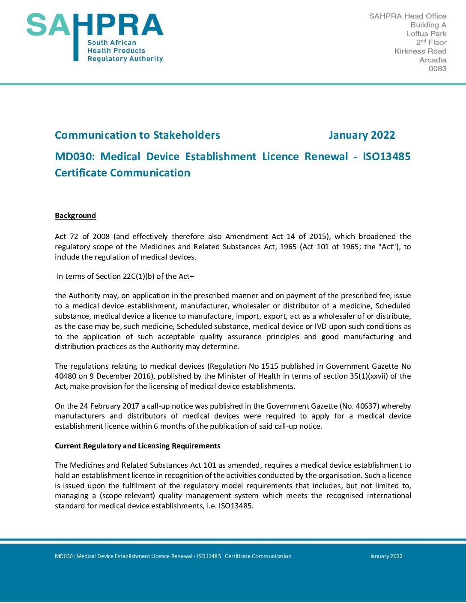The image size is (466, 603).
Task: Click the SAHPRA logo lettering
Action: [x=95, y=26]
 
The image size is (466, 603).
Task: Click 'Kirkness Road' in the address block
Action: [x=420, y=51]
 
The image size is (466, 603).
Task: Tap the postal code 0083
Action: [x=437, y=69]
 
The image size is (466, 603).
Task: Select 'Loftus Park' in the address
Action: [x=426, y=34]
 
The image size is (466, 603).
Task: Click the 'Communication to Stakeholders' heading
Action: [x=137, y=135]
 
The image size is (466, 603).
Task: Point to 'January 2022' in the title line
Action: [x=361, y=135]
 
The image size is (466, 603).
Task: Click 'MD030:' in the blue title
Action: [x=75, y=157]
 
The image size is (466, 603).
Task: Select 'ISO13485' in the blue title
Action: [x=386, y=157]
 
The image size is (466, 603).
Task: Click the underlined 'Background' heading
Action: [x=75, y=215]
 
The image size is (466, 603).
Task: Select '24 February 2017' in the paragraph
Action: [x=109, y=406]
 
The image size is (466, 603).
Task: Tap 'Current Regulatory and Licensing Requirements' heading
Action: [x=137, y=446]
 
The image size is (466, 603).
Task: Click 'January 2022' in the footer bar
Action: [x=386, y=556]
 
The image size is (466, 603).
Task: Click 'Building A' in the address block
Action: [x=428, y=25]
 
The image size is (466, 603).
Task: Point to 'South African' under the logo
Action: [x=112, y=43]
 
